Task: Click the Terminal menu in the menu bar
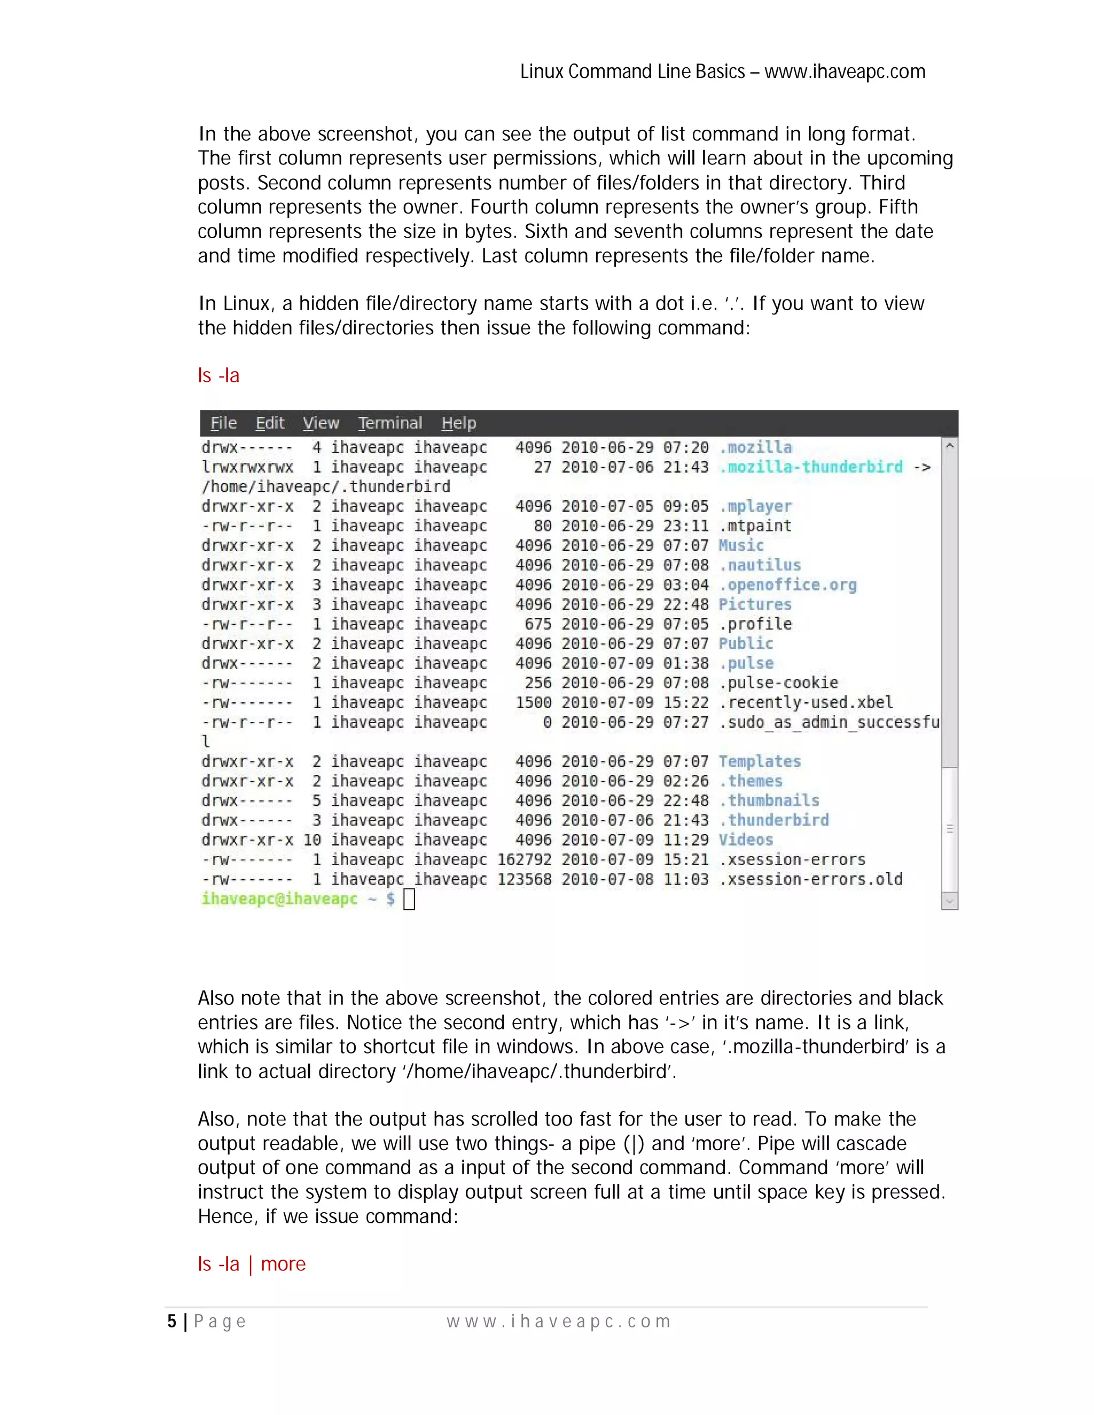click(x=390, y=423)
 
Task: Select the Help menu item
click(x=459, y=423)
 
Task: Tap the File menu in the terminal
click(x=224, y=423)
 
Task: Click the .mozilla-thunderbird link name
click(x=811, y=467)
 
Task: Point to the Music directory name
click(x=741, y=546)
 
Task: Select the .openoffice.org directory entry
click(x=787, y=584)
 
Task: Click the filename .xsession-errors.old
click(x=811, y=879)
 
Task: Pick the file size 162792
click(x=525, y=860)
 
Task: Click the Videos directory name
click(x=746, y=840)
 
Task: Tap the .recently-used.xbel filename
click(x=806, y=702)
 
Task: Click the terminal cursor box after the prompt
click(x=409, y=899)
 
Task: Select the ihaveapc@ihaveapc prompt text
click(x=279, y=899)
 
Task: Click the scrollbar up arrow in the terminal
click(x=949, y=446)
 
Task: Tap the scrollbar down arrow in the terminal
click(x=949, y=901)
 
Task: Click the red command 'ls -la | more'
click(x=252, y=1264)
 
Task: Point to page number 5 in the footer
click(x=172, y=1322)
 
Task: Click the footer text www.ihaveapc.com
click(x=559, y=1322)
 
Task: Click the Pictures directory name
click(x=755, y=604)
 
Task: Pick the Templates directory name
click(x=760, y=761)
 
